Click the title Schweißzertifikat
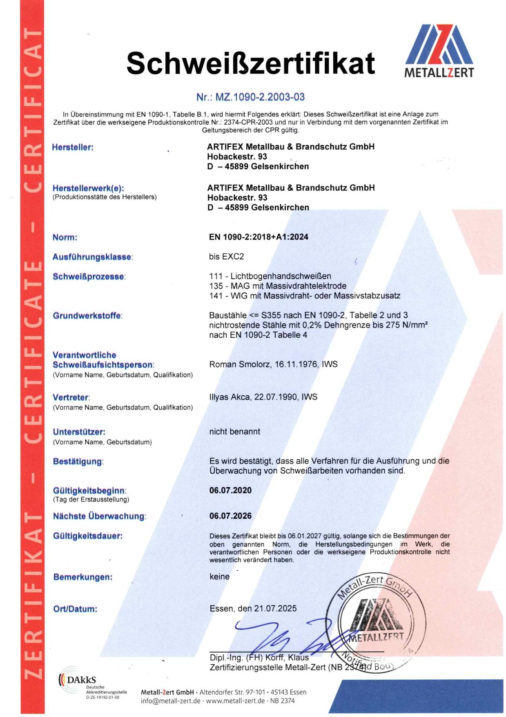point(250,63)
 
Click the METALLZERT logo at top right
point(439,51)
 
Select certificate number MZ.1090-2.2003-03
point(250,97)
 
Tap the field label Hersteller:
point(73,148)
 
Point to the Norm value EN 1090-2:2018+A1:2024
point(259,237)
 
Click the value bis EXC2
point(226,257)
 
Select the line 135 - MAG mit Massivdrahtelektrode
point(278,286)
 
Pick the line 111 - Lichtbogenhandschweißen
point(270,276)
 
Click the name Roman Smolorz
point(240,364)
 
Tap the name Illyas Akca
point(230,397)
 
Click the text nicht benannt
point(234,432)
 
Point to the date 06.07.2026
point(230,516)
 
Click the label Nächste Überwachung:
point(99,516)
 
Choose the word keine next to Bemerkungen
point(219,577)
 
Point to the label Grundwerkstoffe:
point(87,316)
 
